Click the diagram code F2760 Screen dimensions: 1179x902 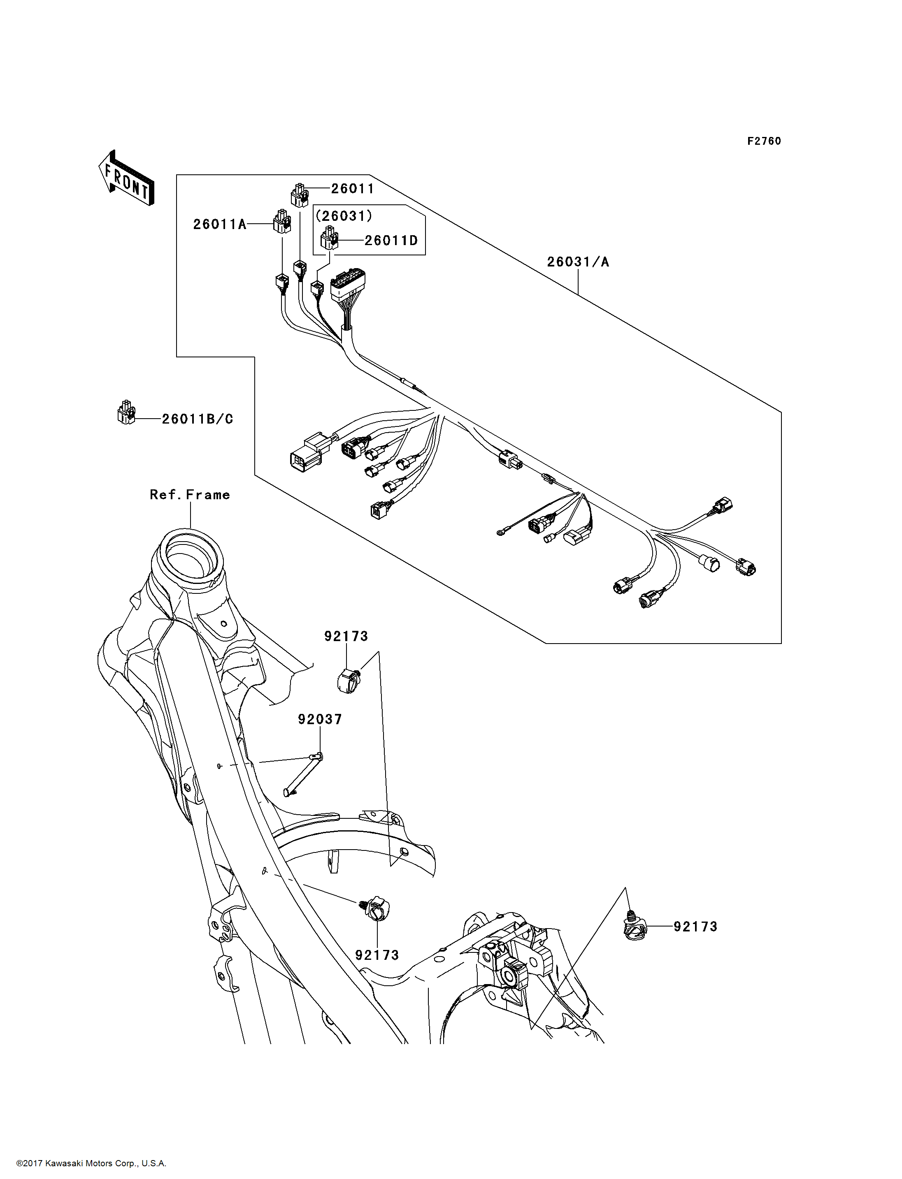(x=764, y=141)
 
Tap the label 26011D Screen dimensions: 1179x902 (x=391, y=241)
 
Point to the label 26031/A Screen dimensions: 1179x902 (x=578, y=262)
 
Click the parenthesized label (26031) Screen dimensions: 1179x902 (x=344, y=216)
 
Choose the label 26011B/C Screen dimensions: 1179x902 (x=198, y=419)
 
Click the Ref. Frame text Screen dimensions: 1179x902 (x=190, y=495)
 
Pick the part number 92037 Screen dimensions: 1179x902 (x=320, y=719)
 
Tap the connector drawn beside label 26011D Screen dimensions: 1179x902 (x=329, y=238)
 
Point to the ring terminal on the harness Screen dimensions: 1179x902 (x=501, y=533)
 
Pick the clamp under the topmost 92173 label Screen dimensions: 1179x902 (x=349, y=681)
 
